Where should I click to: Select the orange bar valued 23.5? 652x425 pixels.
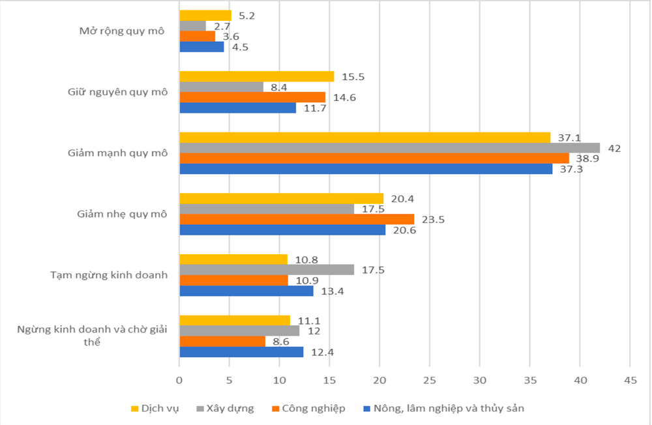pos(297,219)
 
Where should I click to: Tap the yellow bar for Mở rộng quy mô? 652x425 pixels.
pos(205,15)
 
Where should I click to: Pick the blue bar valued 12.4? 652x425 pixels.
pos(241,352)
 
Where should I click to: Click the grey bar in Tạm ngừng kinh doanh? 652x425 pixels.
pos(267,269)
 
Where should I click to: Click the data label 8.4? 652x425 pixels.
pos(279,87)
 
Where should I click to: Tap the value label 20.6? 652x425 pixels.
pos(402,230)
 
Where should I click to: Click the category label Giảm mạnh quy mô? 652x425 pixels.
pos(117,153)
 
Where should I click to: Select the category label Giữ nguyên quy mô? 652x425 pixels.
pos(118,92)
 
